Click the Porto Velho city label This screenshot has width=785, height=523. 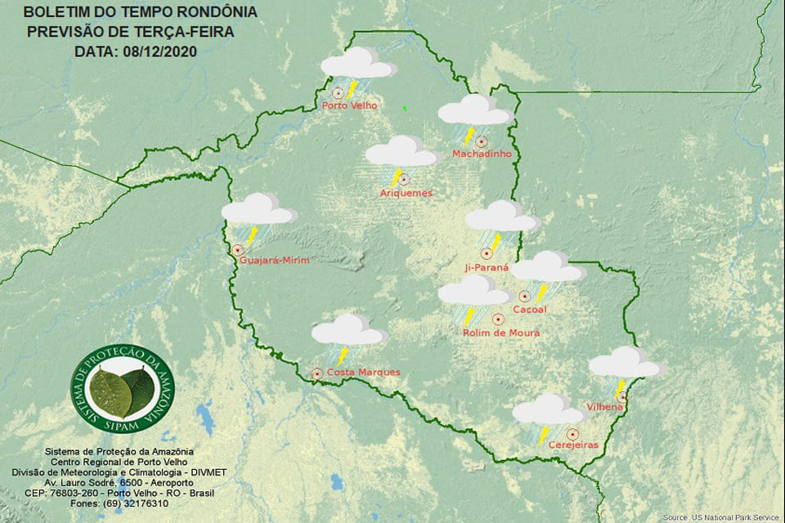pyautogui.click(x=349, y=105)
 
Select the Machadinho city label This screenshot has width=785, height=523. pyautogui.click(x=482, y=154)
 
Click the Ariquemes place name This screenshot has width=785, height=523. pyautogui.click(x=406, y=193)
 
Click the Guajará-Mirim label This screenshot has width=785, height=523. pyautogui.click(x=275, y=261)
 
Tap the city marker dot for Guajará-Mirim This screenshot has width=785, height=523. pyautogui.click(x=237, y=250)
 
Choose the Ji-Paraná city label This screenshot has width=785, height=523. pyautogui.click(x=487, y=267)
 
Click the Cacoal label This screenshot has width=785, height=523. pyautogui.click(x=529, y=310)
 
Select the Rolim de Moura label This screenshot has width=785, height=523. pyautogui.click(x=501, y=333)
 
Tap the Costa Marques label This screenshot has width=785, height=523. pyautogui.click(x=363, y=373)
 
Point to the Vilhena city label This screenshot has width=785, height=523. pyautogui.click(x=605, y=407)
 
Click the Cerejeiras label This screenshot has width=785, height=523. pyautogui.click(x=574, y=445)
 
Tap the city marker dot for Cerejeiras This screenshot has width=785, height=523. pyautogui.click(x=572, y=433)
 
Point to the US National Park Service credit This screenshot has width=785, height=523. pyautogui.click(x=721, y=517)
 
